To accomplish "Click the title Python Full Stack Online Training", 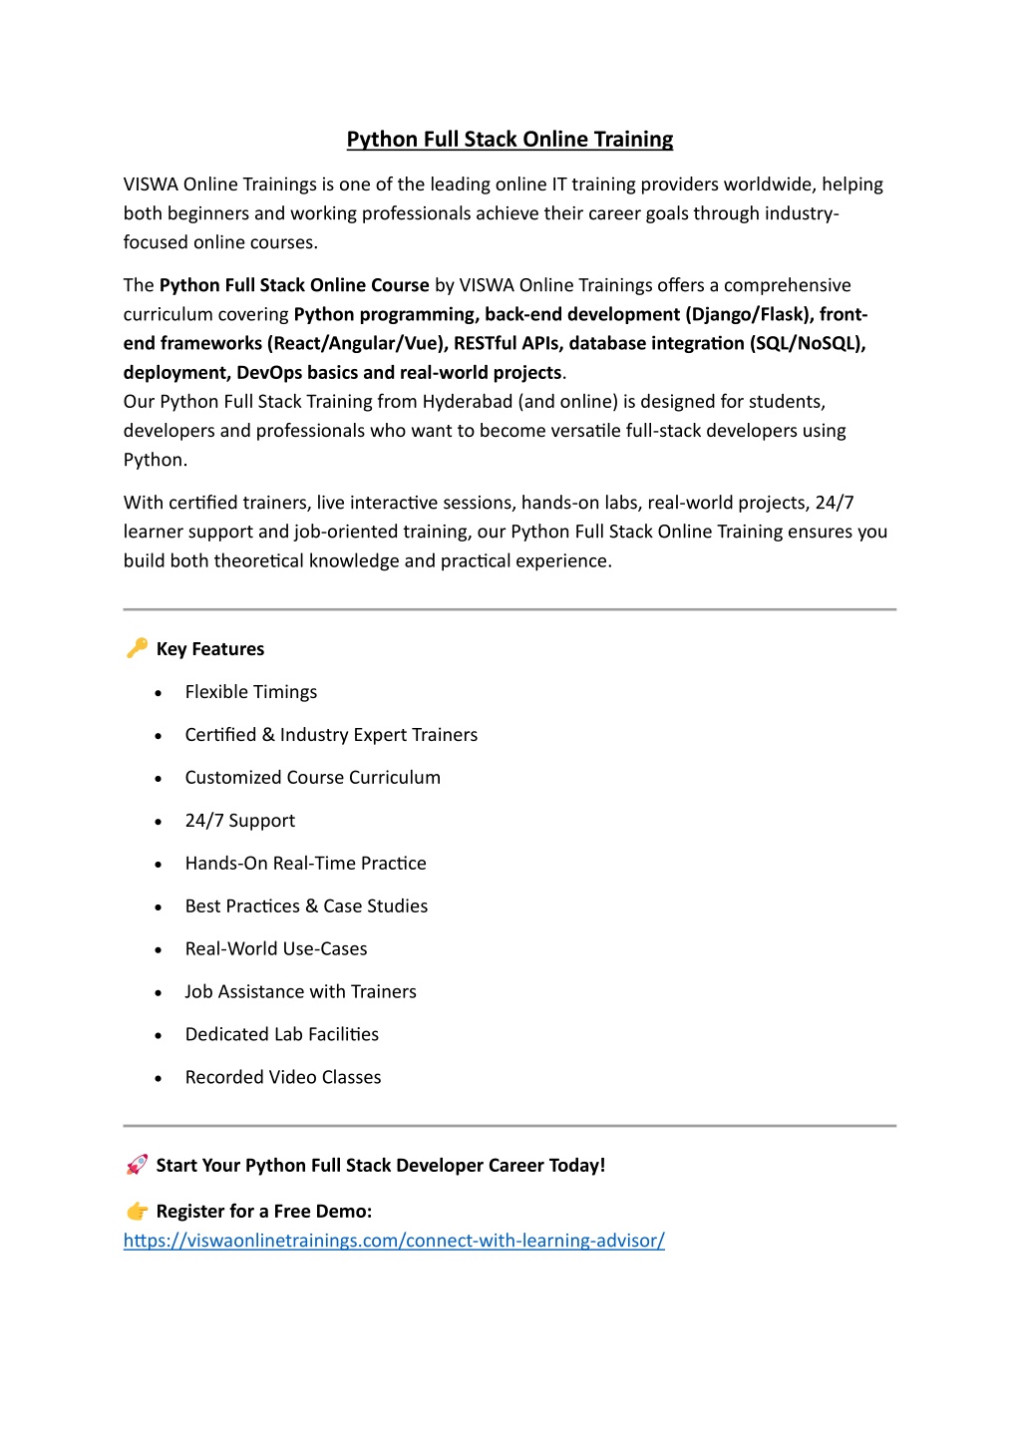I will coord(510,140).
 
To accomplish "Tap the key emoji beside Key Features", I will coord(137,648).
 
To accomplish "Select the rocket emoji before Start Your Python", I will coord(137,1165).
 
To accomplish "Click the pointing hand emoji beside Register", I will coord(137,1211).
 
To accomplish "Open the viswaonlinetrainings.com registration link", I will coord(394,1241).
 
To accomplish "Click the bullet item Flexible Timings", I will coord(250,692).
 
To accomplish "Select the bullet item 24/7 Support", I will coord(239,821).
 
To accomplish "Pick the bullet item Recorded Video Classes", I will coord(282,1077).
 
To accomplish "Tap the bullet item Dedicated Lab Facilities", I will coord(281,1034).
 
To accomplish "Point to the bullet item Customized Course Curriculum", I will coord(312,778).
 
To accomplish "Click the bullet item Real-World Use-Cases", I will coord(275,948).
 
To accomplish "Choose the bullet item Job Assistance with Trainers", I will coord(300,991).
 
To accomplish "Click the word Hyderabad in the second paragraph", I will coord(467,402).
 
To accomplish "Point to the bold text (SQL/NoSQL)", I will coord(808,344).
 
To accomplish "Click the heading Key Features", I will coord(210,649).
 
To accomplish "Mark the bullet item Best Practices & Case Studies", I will coord(306,905).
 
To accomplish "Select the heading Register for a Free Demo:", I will coord(263,1212).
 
